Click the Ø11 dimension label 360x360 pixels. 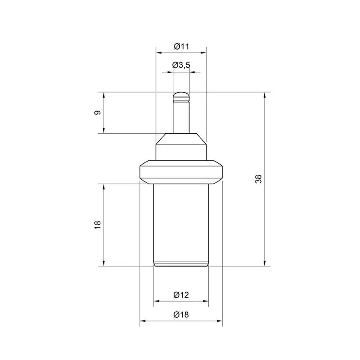[181, 47]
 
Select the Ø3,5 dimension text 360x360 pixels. [181, 65]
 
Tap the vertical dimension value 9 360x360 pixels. [98, 113]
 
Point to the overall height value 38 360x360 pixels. [258, 179]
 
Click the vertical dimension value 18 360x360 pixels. [98, 225]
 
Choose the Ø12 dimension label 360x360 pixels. [181, 294]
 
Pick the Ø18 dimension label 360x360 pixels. [181, 314]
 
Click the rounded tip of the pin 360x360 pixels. [181, 97]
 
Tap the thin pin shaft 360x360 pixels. [181, 117]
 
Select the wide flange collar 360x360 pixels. [181, 172]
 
